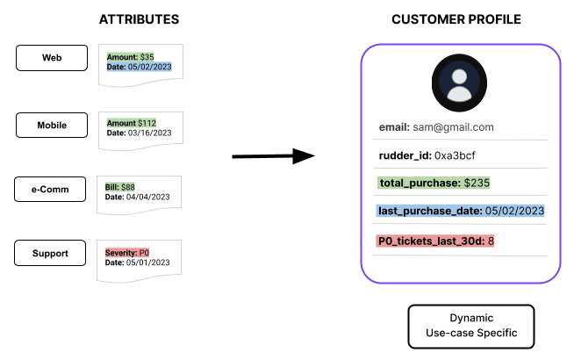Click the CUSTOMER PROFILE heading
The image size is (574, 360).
(x=456, y=18)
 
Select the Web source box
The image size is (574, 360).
(x=52, y=58)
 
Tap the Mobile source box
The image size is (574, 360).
(x=52, y=125)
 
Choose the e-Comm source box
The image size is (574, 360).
(x=49, y=189)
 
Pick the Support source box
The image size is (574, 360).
(x=49, y=253)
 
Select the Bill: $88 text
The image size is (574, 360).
(x=120, y=186)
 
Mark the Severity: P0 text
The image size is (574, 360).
(x=127, y=252)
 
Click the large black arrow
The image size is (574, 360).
(x=273, y=156)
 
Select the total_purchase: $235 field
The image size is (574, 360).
(x=434, y=183)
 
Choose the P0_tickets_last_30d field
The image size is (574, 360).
(x=436, y=241)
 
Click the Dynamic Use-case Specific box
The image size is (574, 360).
(x=470, y=325)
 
